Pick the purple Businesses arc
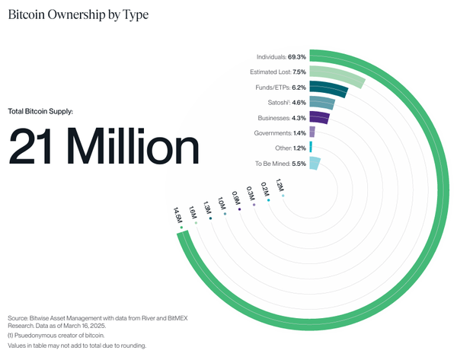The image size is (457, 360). click(319, 119)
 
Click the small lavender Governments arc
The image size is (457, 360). click(312, 132)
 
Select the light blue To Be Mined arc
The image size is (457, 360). click(315, 163)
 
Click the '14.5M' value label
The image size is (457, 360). click(178, 215)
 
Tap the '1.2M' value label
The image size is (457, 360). click(280, 186)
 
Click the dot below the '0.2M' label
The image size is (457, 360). click(268, 200)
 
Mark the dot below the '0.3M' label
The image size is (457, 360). click(254, 205)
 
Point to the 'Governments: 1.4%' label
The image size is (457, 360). click(280, 133)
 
